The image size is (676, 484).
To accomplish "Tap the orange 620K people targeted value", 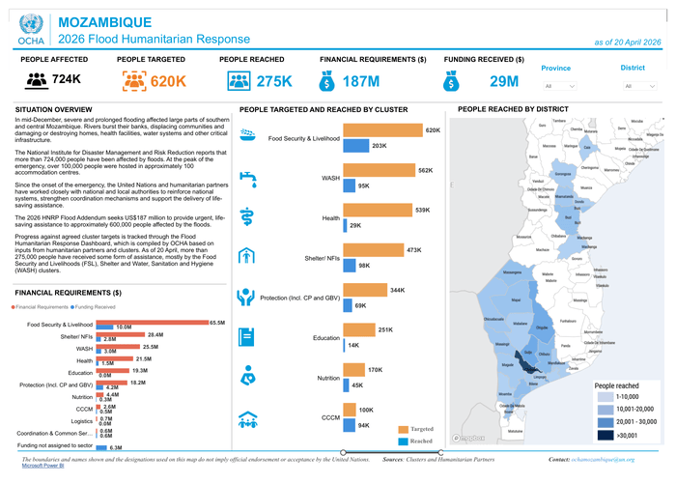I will point(168,81).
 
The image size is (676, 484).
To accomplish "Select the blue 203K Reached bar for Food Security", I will point(352,145).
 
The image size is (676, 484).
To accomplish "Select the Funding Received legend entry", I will point(93,305).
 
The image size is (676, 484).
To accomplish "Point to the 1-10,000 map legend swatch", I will point(605,396).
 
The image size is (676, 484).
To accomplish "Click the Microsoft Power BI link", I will point(37,466).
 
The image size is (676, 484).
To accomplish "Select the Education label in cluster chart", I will point(327,338).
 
